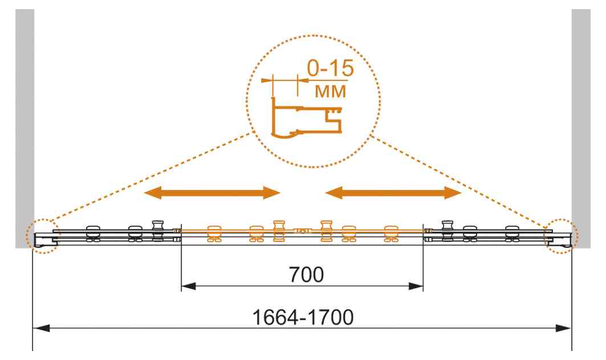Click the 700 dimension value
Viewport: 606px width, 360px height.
(306, 274)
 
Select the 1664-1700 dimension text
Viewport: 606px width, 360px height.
(303, 317)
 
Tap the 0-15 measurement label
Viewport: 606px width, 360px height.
(331, 68)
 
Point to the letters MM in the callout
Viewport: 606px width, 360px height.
(331, 91)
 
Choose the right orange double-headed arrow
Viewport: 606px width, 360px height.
(393, 192)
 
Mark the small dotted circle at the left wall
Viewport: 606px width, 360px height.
(43, 236)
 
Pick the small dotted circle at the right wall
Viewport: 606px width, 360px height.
(561, 236)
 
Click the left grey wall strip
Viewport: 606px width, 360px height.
(25, 128)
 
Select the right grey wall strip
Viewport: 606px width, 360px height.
(581, 128)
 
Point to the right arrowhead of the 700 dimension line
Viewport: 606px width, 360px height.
(416, 286)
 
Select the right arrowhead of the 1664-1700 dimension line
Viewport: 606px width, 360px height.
(563, 328)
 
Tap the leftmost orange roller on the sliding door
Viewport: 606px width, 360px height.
(214, 234)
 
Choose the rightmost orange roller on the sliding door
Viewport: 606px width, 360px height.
(391, 234)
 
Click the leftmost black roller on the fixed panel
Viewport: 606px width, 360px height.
(93, 233)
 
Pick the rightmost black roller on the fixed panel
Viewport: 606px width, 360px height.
(513, 233)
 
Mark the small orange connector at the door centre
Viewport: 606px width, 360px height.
(302, 231)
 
